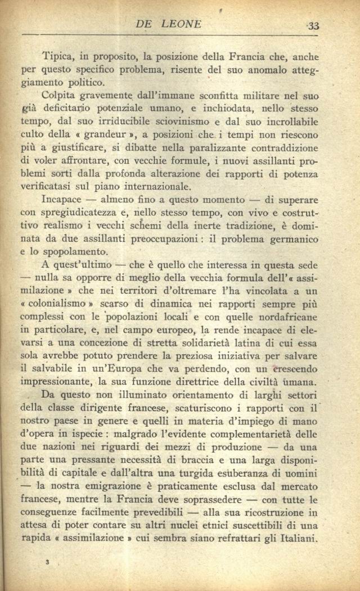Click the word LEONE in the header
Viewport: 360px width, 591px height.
pos(182,24)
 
